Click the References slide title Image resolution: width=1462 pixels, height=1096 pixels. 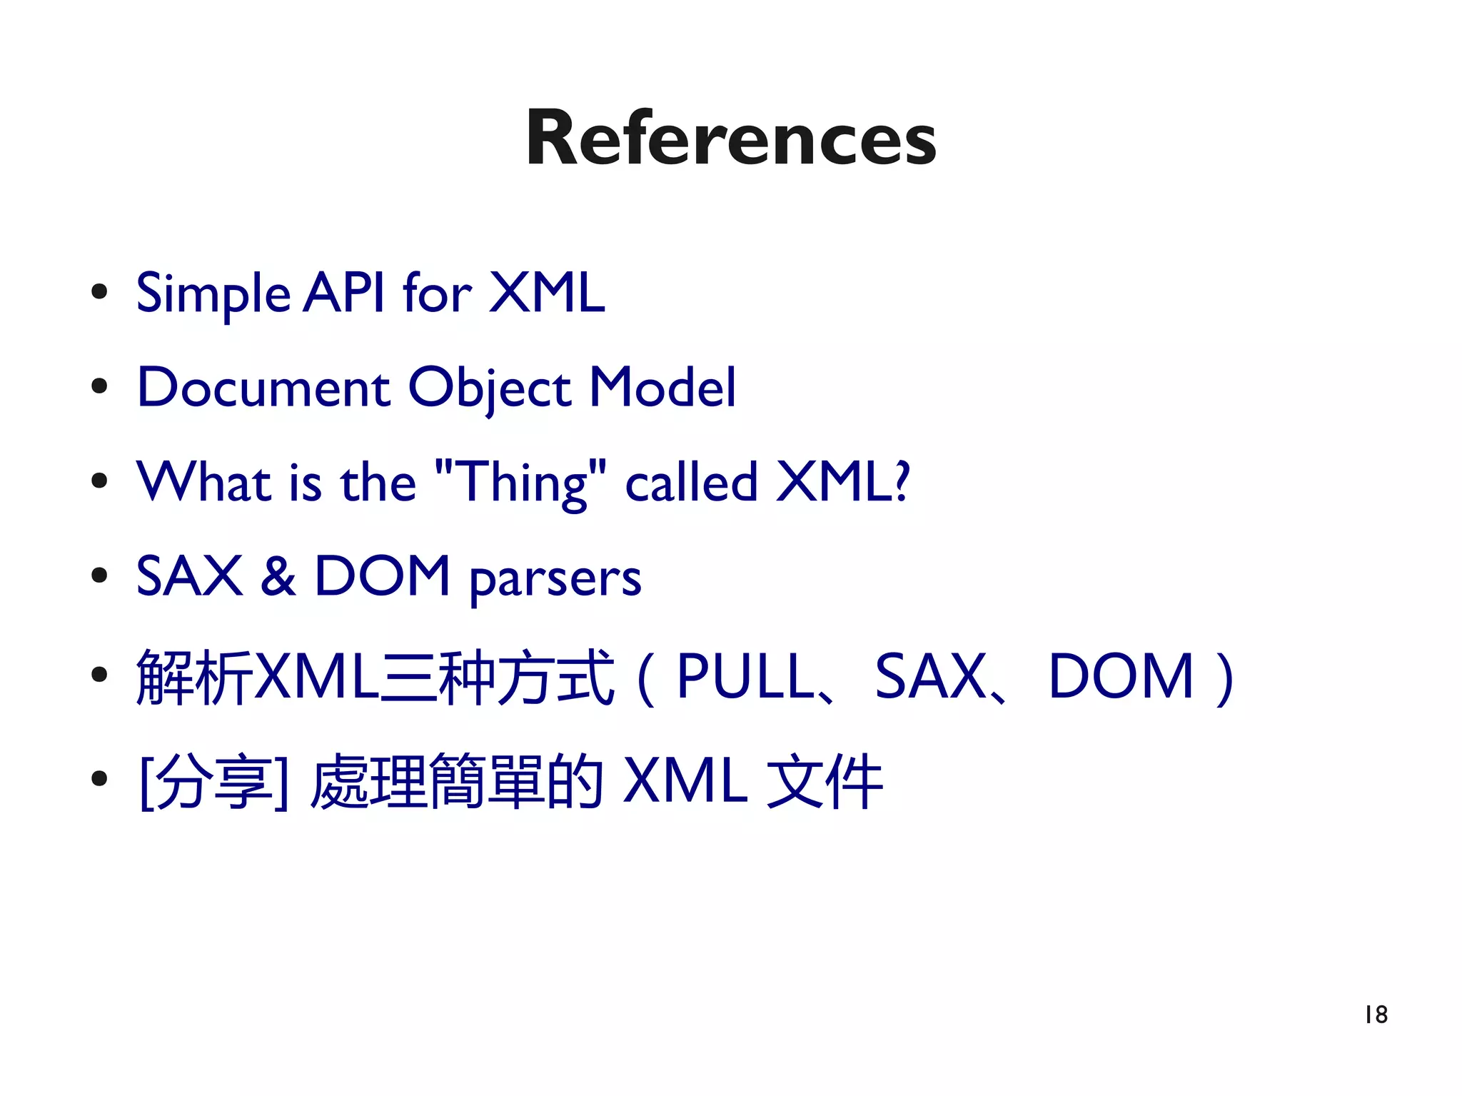point(731,139)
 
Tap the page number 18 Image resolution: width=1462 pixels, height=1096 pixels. point(1376,1015)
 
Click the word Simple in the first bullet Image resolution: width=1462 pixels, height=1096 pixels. point(213,293)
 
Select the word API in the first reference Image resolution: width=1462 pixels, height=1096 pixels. point(343,292)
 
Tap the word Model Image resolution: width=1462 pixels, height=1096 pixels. point(662,388)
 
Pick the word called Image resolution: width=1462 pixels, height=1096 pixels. point(691,482)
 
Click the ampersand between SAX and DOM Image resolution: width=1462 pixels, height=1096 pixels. point(278,576)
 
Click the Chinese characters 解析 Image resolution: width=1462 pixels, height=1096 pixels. point(194,677)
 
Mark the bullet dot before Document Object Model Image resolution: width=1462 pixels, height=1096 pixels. point(99,386)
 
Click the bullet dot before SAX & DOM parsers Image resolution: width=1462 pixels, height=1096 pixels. point(99,575)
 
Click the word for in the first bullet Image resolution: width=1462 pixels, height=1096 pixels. point(437,292)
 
